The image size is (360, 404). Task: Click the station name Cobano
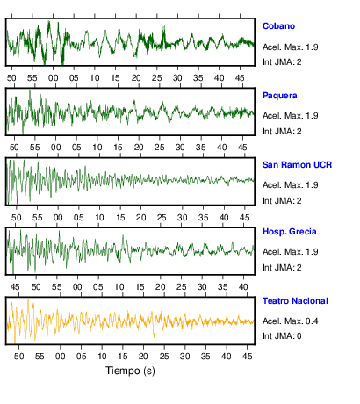[278, 26]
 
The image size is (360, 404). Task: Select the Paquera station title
[280, 96]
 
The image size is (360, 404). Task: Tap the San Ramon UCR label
[297, 165]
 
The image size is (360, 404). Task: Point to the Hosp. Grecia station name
[290, 232]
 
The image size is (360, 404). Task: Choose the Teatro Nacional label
[295, 301]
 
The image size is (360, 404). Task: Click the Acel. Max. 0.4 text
[290, 321]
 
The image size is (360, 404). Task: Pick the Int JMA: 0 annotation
[282, 335]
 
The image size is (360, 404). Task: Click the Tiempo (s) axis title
[130, 371]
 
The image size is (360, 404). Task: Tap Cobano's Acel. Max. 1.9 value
[290, 47]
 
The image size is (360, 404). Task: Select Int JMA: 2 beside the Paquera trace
[282, 132]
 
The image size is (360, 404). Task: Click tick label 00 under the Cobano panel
[53, 78]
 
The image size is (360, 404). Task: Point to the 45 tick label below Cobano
[240, 78]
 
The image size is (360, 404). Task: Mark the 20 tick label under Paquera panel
[139, 148]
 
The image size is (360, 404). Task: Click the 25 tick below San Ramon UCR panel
[162, 218]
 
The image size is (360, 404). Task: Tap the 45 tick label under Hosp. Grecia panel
[15, 287]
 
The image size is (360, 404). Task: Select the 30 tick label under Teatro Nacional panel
[184, 357]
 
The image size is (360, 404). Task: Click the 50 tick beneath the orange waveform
[18, 357]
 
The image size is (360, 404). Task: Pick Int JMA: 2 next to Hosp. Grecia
[282, 267]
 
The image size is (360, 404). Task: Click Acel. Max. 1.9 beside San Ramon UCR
[290, 185]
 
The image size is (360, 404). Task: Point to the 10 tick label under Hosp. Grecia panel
[119, 287]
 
